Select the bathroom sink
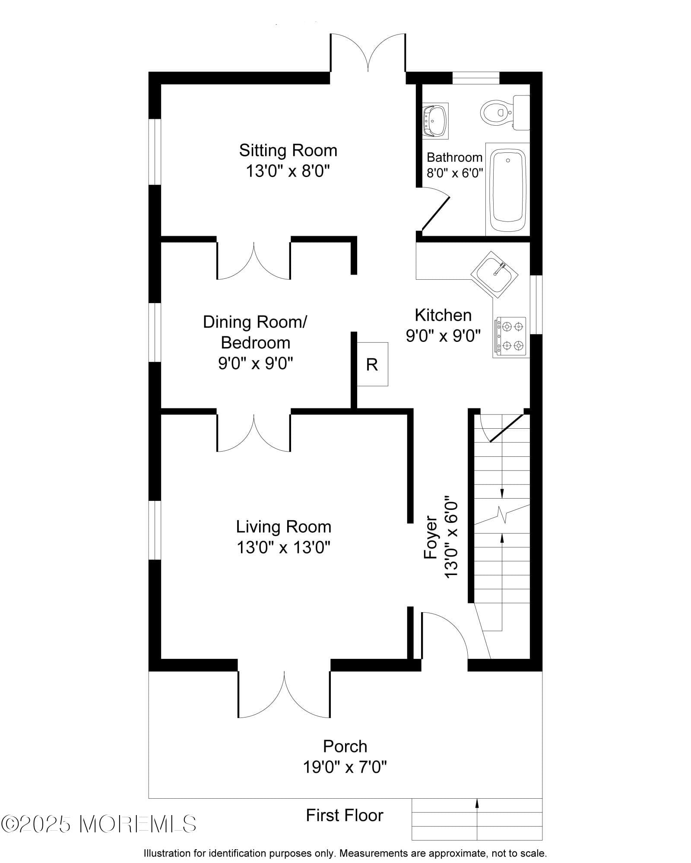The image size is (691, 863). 435,121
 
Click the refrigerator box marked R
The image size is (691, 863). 372,364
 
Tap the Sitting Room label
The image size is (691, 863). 288,150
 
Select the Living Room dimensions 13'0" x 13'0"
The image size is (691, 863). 283,547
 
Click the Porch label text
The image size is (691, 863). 345,746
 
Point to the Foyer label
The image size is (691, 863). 431,537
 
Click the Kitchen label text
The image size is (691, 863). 443,315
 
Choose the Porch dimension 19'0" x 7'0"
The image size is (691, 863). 345,767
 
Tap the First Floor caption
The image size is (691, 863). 345,815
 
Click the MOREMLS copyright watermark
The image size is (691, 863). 99,824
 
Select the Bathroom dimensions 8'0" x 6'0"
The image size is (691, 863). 455,173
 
